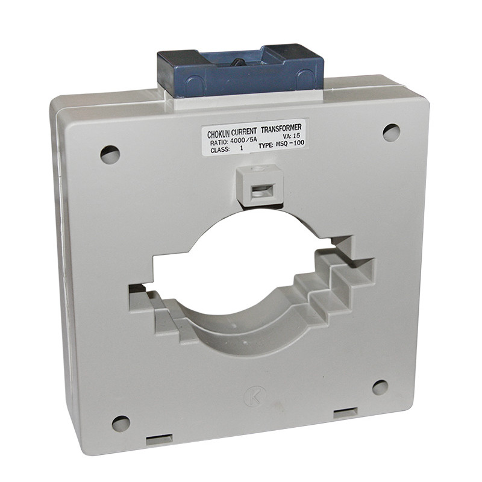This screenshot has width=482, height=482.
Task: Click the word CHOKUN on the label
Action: pos(219,134)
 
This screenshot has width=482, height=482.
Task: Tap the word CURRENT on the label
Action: pos(244,132)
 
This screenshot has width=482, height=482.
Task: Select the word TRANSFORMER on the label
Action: pos(281,128)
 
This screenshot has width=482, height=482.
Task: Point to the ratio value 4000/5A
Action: pos(243,141)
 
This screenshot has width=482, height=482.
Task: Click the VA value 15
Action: pos(296,136)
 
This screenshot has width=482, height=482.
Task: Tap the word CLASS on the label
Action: pos(220,150)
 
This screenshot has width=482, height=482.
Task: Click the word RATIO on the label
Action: pos(219,143)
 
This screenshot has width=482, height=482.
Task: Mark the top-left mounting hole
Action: pos(110,155)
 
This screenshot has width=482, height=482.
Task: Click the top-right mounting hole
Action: pos(391,133)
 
